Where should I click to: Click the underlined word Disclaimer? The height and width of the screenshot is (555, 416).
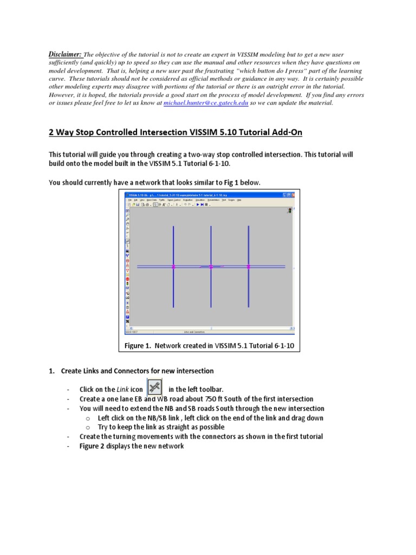pos(66,54)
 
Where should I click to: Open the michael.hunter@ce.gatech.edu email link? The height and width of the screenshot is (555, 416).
pos(206,102)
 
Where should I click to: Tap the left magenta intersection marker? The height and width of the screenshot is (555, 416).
pos(173,267)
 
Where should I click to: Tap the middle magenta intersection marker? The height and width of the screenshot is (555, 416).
pos(211,267)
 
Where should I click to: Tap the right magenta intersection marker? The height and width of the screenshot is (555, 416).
pos(248,267)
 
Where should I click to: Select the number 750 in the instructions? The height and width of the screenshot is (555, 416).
pos(206,399)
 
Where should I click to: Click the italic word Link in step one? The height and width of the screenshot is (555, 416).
pos(122,390)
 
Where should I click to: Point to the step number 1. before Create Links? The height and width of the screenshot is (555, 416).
pos(52,371)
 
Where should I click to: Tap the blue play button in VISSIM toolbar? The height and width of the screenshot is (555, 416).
pos(198,204)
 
